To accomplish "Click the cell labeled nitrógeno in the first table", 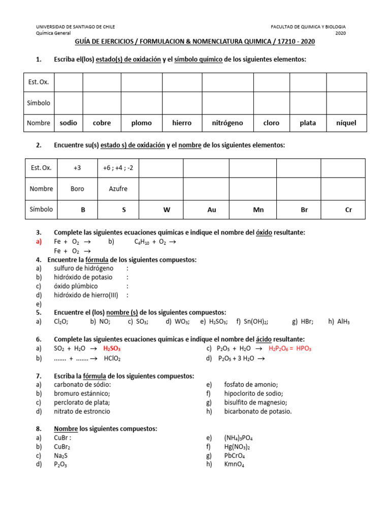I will tap(227, 123).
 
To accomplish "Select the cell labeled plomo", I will tap(141, 123).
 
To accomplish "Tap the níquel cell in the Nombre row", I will tap(346, 123).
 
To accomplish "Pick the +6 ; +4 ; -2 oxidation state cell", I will tap(118, 168).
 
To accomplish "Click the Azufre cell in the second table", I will tap(118, 189).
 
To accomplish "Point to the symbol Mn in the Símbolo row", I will tap(258, 210).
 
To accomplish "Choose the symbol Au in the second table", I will tap(212, 210).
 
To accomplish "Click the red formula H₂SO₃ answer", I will tap(112, 349).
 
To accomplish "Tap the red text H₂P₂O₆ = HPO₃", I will tap(290, 349).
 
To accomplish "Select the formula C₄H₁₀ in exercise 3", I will tap(143, 242).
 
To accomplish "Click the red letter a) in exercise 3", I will tap(39, 242).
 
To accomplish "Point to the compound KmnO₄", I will tap(234, 465).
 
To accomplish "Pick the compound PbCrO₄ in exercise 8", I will tap(235, 455).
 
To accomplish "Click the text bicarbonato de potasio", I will tap(258, 411).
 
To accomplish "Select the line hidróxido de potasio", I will tap(83, 277).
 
